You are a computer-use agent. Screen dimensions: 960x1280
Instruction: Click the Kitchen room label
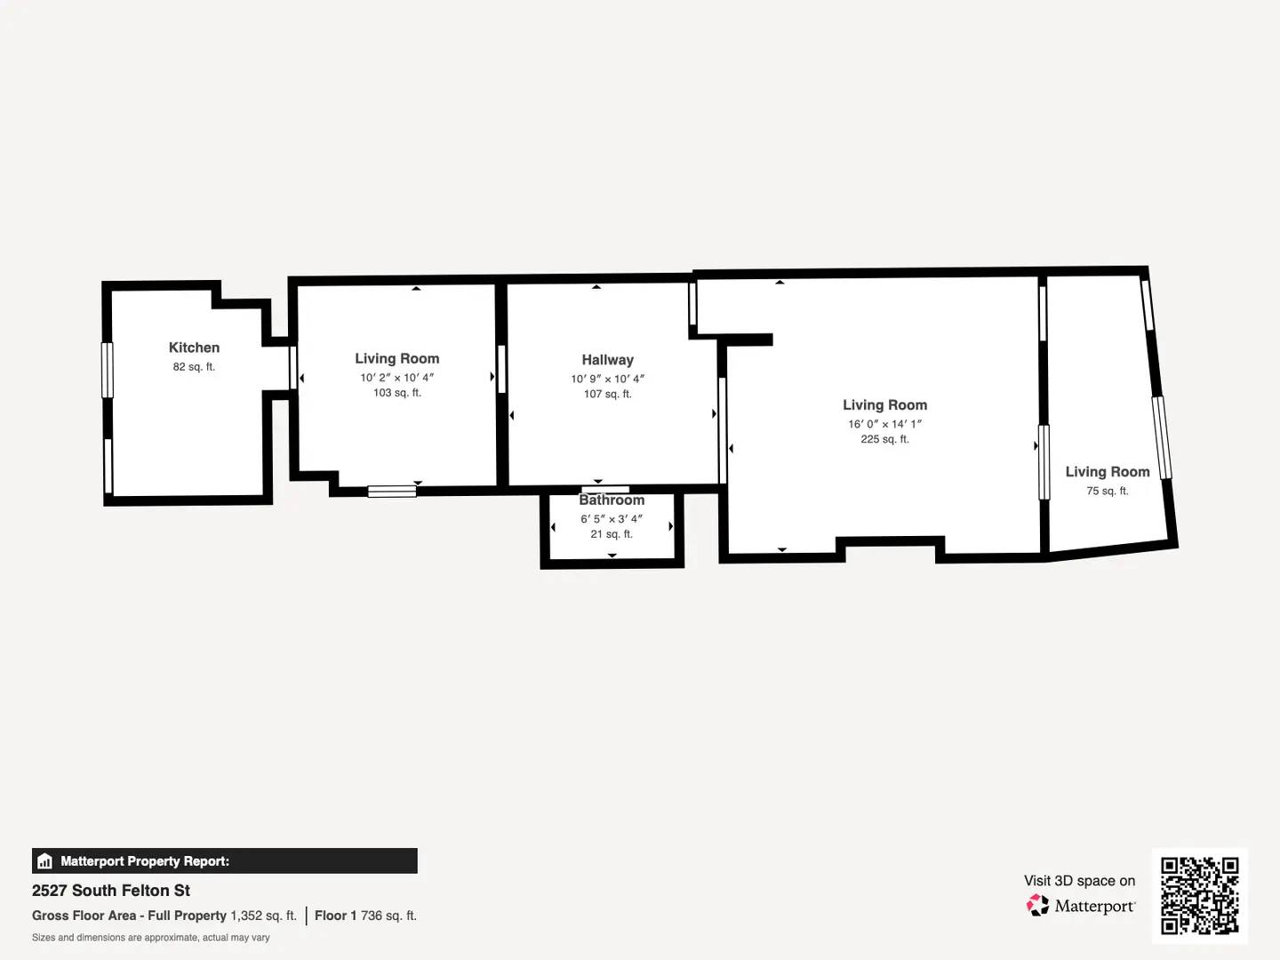pyautogui.click(x=194, y=348)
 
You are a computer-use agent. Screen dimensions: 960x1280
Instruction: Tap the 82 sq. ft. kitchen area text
pyautogui.click(x=194, y=367)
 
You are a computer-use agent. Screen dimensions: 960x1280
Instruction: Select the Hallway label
pyautogui.click(x=607, y=360)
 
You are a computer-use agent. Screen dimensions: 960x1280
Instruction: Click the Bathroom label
pyautogui.click(x=612, y=500)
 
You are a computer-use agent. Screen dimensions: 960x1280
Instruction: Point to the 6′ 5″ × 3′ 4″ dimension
pyautogui.click(x=612, y=519)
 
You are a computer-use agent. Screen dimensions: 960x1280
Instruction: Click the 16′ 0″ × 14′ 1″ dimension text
pyautogui.click(x=884, y=425)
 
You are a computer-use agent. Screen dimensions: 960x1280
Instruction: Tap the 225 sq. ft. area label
pyautogui.click(x=884, y=439)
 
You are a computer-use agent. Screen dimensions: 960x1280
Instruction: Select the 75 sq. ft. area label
pyautogui.click(x=1107, y=491)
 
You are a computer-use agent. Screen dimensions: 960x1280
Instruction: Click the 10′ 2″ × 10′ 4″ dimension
pyautogui.click(x=396, y=378)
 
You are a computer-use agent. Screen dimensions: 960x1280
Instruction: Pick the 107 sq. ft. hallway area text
pyautogui.click(x=607, y=394)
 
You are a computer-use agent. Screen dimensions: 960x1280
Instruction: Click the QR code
pyautogui.click(x=1199, y=896)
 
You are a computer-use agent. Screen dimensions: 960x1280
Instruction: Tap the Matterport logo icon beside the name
pyautogui.click(x=1037, y=906)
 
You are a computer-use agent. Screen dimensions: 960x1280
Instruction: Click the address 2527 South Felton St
pyautogui.click(x=111, y=891)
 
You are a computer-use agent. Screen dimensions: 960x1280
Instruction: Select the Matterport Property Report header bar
pyautogui.click(x=224, y=861)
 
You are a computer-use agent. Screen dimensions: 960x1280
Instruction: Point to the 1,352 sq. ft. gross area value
pyautogui.click(x=263, y=916)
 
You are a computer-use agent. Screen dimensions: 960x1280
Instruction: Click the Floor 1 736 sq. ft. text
pyautogui.click(x=365, y=916)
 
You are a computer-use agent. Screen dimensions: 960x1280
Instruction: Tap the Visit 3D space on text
pyautogui.click(x=1079, y=881)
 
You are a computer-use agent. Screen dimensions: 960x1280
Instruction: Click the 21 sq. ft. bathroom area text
pyautogui.click(x=612, y=534)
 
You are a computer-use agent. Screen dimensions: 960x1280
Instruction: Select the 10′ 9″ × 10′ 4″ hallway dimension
pyautogui.click(x=607, y=379)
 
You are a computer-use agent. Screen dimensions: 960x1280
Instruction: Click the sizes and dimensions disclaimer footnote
pyautogui.click(x=150, y=938)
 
